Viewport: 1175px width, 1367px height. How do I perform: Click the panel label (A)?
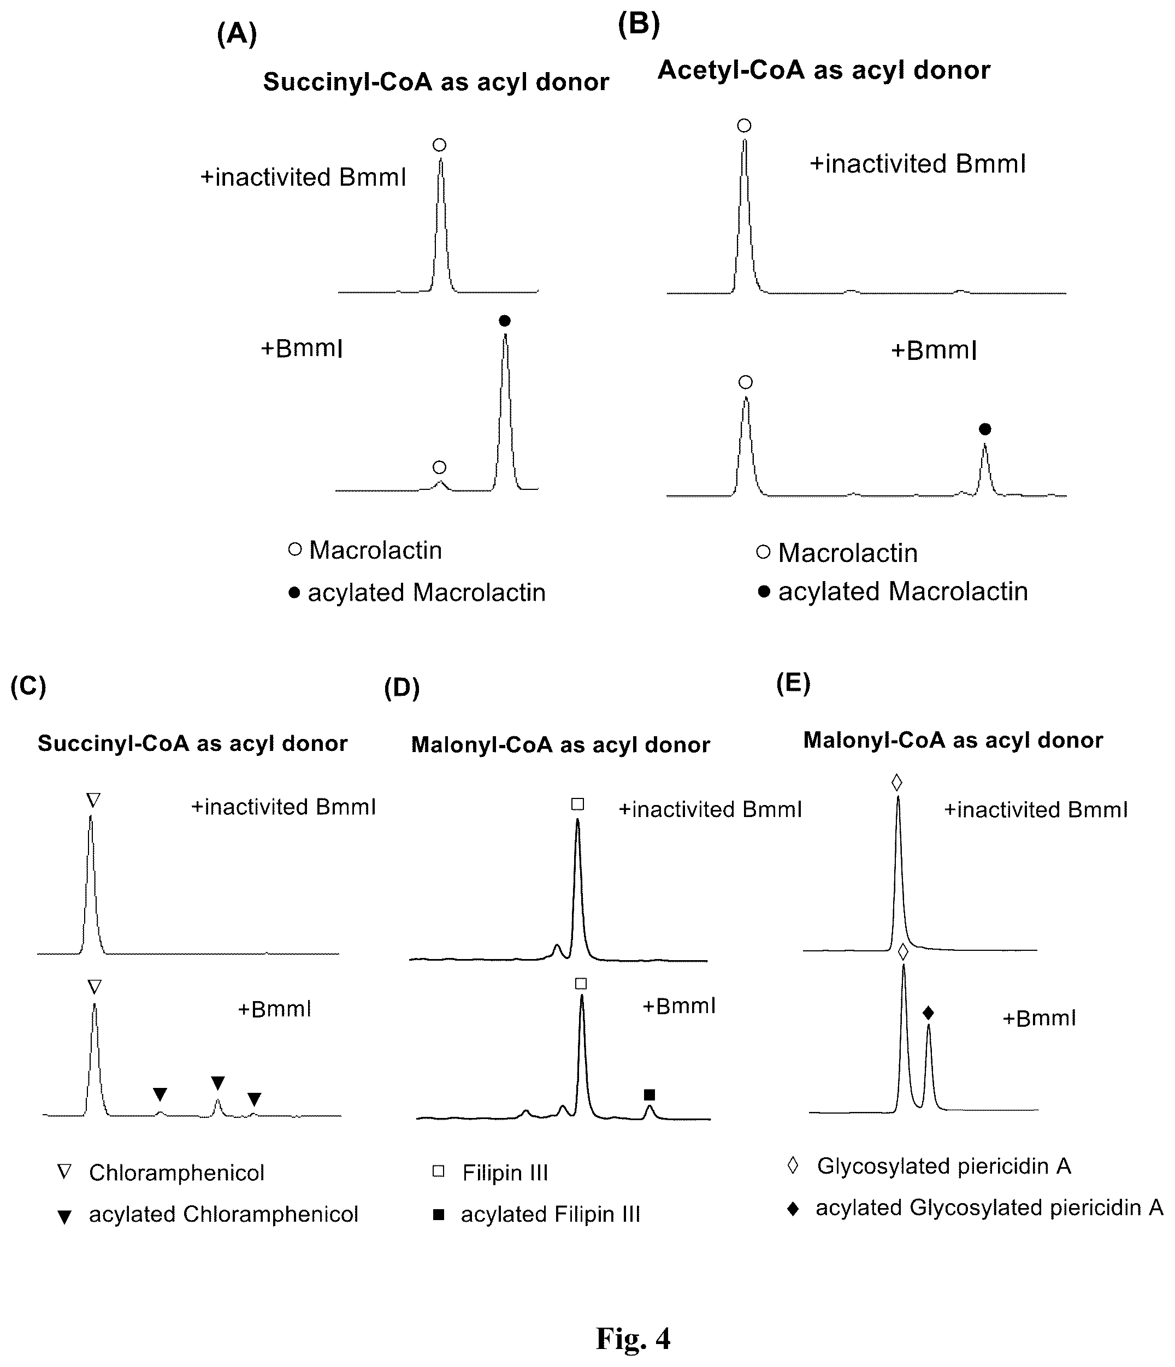[x=236, y=34]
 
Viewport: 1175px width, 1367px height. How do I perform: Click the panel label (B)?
[x=639, y=25]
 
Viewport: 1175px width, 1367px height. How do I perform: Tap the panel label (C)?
[x=28, y=686]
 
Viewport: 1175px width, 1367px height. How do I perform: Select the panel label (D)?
[x=402, y=688]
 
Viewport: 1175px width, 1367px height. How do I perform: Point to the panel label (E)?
[x=793, y=684]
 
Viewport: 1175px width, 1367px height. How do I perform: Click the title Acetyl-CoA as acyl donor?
[x=824, y=70]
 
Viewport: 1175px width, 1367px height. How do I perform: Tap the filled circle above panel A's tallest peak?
[x=505, y=321]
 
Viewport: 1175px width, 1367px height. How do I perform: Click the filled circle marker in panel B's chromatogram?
[x=985, y=429]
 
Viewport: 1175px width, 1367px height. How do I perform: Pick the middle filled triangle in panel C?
[x=218, y=1082]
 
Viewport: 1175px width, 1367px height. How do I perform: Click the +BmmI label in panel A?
[x=302, y=348]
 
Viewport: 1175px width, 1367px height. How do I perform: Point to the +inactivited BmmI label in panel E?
[x=1036, y=809]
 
